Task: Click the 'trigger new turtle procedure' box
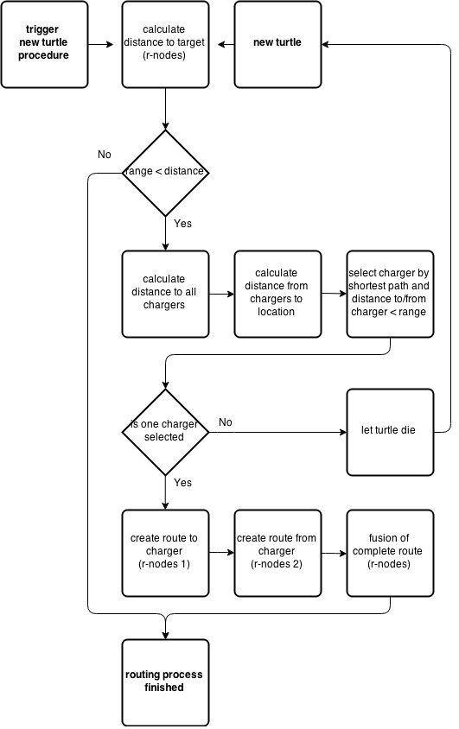[44, 45]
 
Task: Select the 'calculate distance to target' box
[166, 45]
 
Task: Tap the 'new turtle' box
[277, 45]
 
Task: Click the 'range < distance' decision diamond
[166, 173]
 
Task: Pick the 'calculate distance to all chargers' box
[166, 295]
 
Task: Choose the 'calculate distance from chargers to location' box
[277, 295]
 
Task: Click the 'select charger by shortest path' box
[390, 295]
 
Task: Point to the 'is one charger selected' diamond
[166, 433]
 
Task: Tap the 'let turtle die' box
[390, 433]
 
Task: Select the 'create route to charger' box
[166, 554]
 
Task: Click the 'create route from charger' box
[277, 554]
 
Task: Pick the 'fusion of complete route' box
[390, 554]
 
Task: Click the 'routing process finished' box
[166, 682]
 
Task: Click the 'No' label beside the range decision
[105, 155]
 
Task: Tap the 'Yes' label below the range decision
[182, 224]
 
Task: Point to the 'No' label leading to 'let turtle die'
[226, 422]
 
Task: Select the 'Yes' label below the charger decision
[182, 483]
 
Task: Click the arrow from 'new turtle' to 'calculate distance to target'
[226, 45]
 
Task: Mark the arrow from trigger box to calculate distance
[101, 45]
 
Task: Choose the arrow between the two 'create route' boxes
[222, 553]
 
